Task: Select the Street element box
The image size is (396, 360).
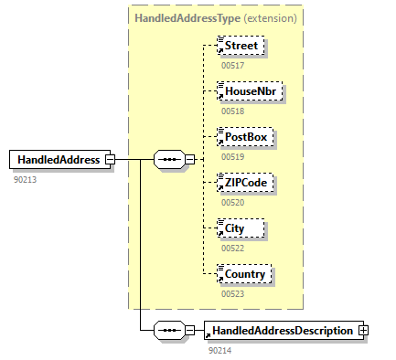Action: (243, 46)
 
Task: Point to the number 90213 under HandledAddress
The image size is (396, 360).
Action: (26, 179)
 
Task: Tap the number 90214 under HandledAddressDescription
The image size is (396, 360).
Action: (219, 350)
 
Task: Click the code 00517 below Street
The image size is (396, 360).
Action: (232, 65)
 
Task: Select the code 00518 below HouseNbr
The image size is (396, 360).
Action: (232, 111)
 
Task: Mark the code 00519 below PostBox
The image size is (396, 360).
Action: (232, 156)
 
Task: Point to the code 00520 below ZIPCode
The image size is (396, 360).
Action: (232, 202)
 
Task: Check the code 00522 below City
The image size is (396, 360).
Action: (232, 248)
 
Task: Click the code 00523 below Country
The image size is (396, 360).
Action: (232, 293)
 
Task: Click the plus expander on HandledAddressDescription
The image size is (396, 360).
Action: (363, 331)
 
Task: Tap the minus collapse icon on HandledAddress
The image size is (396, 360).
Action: (110, 159)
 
